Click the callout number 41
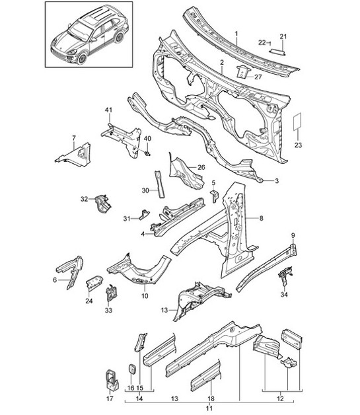coord(108,109)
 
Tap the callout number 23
coord(297,144)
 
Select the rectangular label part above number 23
coord(297,123)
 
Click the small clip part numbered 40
coord(146,154)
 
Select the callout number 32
coord(84,198)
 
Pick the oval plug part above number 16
coord(130,367)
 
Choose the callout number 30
coord(145,190)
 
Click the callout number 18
coord(209,398)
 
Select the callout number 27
coord(258,77)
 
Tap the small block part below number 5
coord(214,196)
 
